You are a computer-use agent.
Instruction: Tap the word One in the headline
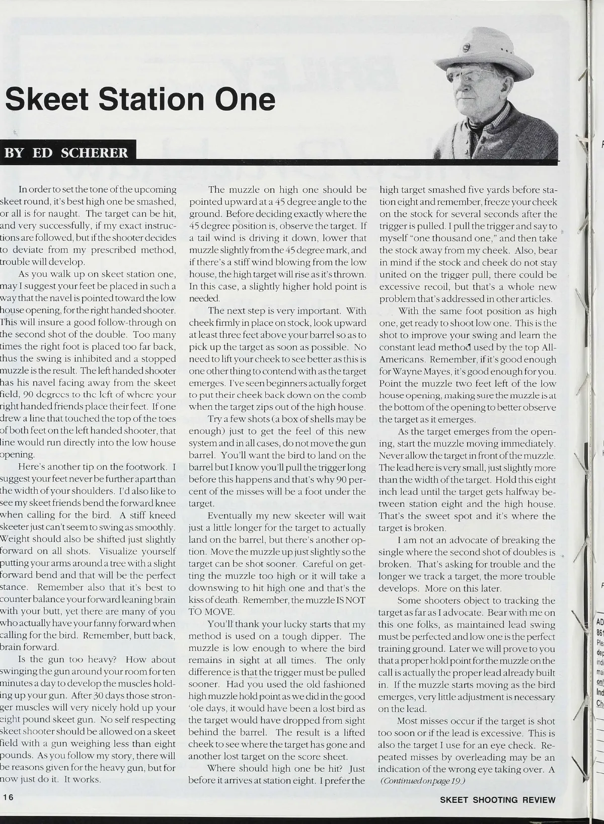(x=245, y=100)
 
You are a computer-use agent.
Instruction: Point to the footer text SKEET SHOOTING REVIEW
(x=497, y=800)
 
